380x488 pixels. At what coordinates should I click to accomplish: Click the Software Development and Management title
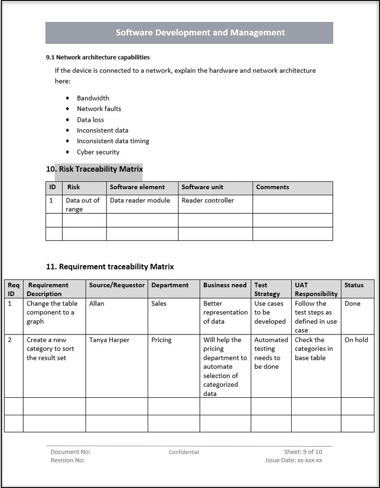pyautogui.click(x=200, y=33)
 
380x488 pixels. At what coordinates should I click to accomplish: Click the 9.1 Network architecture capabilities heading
pyautogui.click(x=98, y=57)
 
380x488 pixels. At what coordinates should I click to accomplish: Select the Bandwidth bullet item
pyautogui.click(x=93, y=98)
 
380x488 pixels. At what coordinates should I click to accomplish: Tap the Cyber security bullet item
pyautogui.click(x=98, y=153)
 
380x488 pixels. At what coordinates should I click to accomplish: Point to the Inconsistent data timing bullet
pyautogui.click(x=113, y=141)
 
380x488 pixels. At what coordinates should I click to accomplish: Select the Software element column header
pyautogui.click(x=137, y=187)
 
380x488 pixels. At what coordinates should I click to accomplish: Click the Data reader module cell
pyautogui.click(x=140, y=201)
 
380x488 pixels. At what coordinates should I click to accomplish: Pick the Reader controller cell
pyautogui.click(x=208, y=201)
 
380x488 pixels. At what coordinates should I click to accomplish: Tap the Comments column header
pyautogui.click(x=273, y=187)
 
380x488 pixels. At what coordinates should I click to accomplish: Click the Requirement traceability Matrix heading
pyautogui.click(x=110, y=267)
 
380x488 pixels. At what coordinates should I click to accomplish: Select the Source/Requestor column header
pyautogui.click(x=117, y=285)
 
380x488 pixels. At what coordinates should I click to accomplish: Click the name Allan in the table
pyautogui.click(x=96, y=304)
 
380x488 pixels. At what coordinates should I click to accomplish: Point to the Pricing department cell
pyautogui.click(x=161, y=340)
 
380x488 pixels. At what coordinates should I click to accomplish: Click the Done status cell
pyautogui.click(x=352, y=304)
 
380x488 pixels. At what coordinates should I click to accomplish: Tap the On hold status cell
pyautogui.click(x=356, y=340)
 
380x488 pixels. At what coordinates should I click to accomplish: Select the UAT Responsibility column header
pyautogui.click(x=316, y=289)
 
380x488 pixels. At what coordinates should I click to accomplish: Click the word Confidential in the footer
pyautogui.click(x=184, y=452)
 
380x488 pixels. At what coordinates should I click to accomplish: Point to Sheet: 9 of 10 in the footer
pyautogui.click(x=303, y=452)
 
